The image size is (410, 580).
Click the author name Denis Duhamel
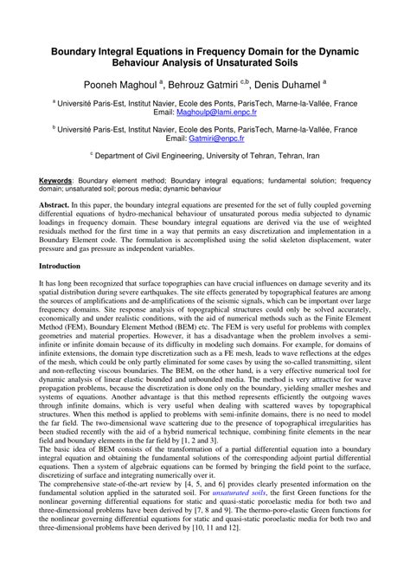tap(291, 85)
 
